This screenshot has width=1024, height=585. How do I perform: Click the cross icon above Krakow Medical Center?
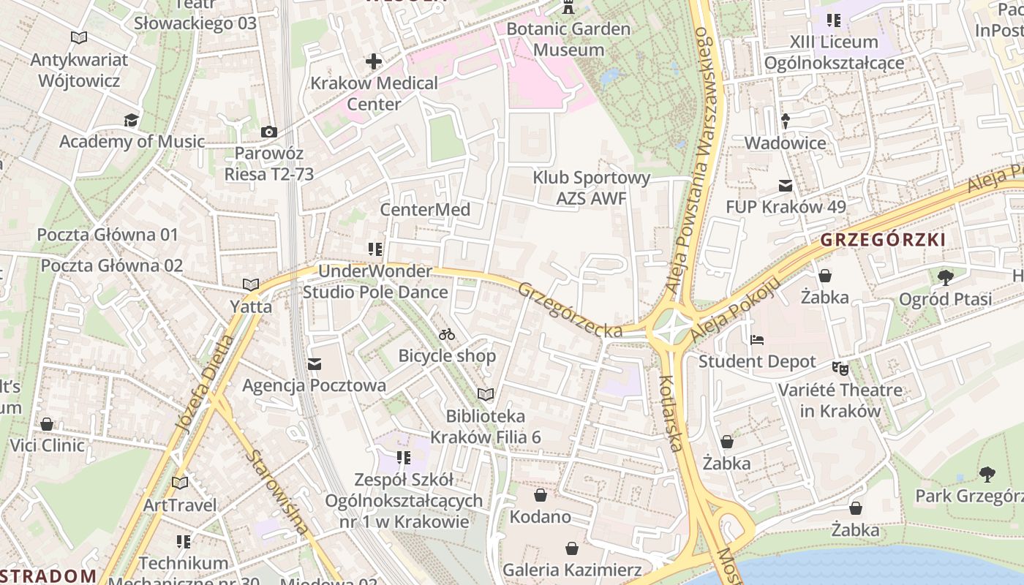374,61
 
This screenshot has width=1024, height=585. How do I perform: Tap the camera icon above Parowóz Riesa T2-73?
269,132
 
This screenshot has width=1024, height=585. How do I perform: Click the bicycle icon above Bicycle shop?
447,334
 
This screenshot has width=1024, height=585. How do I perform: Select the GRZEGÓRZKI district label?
883,239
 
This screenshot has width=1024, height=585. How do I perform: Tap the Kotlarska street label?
671,413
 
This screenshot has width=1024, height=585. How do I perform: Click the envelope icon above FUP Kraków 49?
786,186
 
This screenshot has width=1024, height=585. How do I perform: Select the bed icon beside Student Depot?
757,340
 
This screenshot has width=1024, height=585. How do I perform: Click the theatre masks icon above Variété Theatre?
840,368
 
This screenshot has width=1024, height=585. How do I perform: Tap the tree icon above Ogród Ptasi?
945,277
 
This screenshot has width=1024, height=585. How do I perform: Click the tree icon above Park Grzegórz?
987,474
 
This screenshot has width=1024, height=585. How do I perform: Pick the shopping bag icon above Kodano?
541,495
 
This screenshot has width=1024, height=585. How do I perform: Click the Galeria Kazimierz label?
571,570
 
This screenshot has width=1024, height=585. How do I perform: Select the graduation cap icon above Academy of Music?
131,120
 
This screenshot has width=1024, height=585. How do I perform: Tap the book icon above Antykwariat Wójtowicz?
79,37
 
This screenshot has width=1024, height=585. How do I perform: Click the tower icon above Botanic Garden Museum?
568,8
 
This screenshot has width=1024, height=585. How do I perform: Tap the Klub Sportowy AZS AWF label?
591,188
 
